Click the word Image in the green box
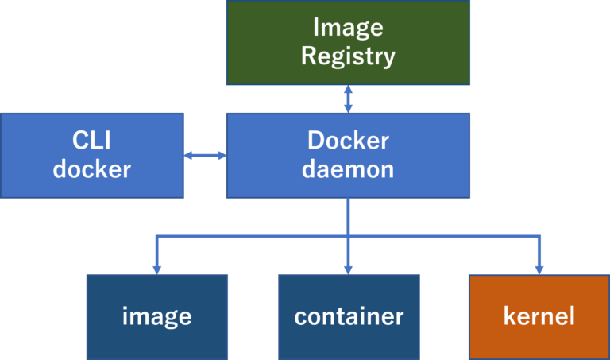tap(348, 27)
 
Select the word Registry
tap(348, 56)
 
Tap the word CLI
tap(91, 141)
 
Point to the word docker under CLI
tap(91, 169)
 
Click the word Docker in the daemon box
tap(348, 141)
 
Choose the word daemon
tap(348, 169)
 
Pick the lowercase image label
tap(156, 316)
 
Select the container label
tap(349, 316)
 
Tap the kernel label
tap(539, 316)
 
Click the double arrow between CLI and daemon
tap(205, 156)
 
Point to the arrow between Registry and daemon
tap(348, 99)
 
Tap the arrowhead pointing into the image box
tap(156, 269)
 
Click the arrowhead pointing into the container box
tap(348, 269)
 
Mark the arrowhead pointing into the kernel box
tap(539, 269)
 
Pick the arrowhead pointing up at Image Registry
tap(348, 90)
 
